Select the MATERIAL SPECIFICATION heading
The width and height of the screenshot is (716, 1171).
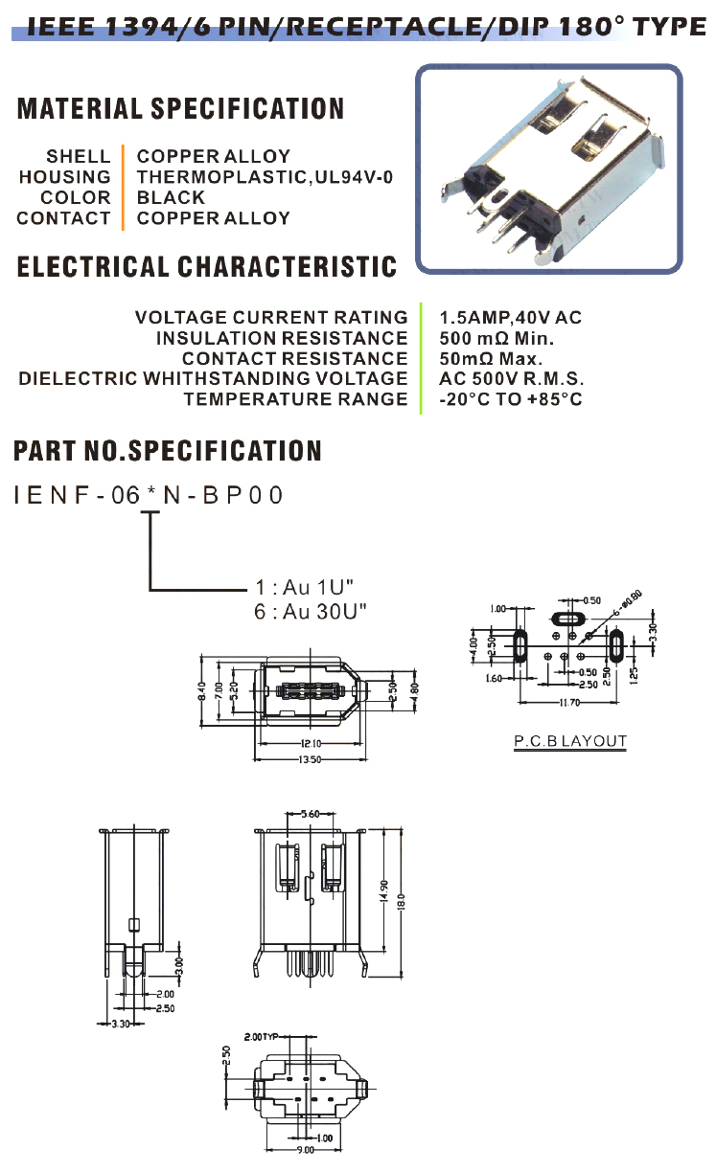point(180,109)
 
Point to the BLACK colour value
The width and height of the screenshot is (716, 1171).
point(171,198)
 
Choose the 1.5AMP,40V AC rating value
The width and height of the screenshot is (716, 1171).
point(510,317)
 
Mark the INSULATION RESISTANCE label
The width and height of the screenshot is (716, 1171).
point(282,338)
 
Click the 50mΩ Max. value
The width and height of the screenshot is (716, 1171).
point(491,359)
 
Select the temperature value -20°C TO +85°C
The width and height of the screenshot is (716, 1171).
point(510,399)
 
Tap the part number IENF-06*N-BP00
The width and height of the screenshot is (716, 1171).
point(149,496)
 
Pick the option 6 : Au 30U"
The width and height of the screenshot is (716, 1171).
point(311,611)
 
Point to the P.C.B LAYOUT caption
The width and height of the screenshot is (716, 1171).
point(569,741)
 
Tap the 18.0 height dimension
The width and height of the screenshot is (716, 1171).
point(404,900)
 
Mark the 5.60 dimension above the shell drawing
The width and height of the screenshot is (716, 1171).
point(309,814)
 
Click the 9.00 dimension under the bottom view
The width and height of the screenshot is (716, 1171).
point(304,1149)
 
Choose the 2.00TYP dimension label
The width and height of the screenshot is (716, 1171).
point(261,1037)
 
